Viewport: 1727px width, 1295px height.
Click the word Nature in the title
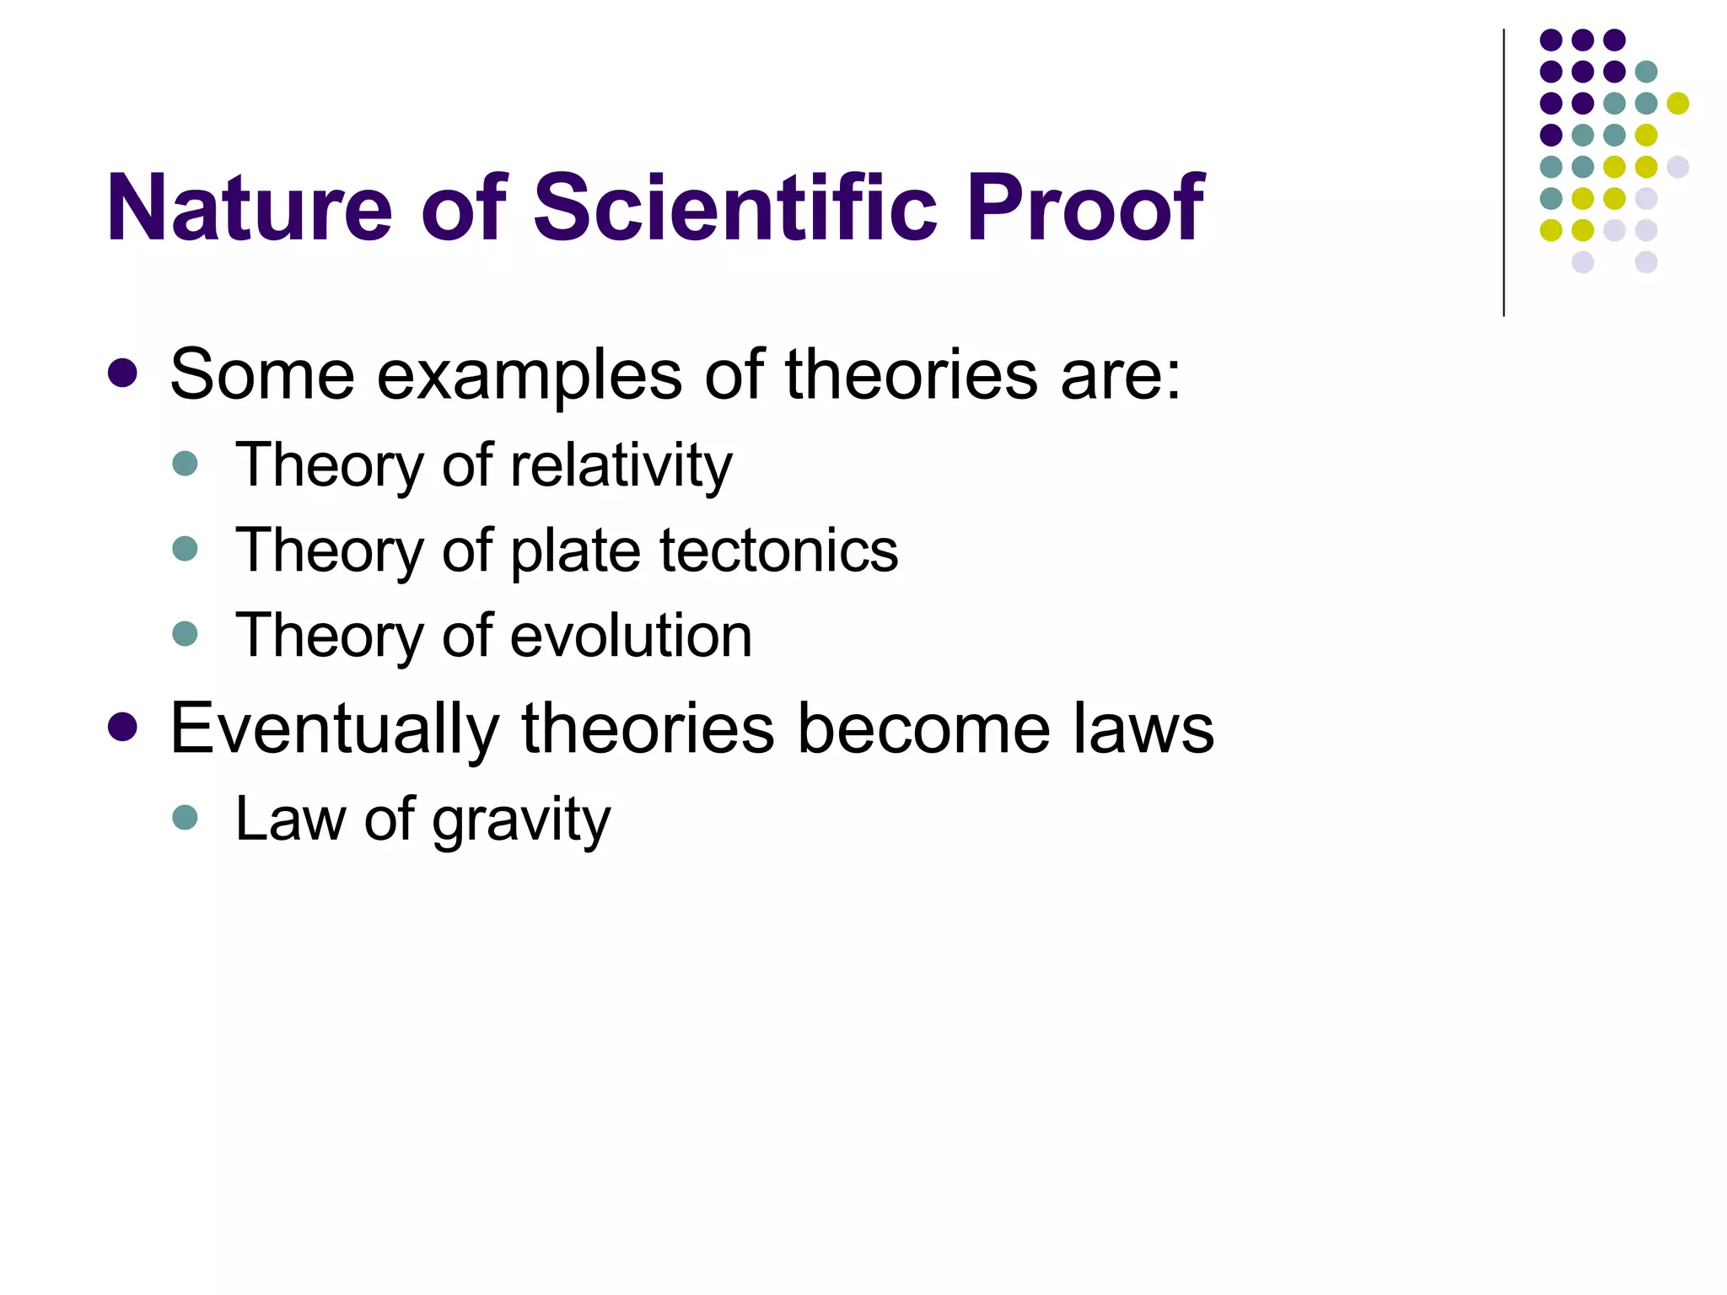click(250, 208)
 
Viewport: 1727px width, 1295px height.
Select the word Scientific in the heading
click(735, 208)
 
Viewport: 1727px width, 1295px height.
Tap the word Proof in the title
click(1085, 208)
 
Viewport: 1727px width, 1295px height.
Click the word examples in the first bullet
click(529, 375)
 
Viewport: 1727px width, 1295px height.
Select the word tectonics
click(779, 551)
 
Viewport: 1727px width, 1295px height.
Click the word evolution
click(631, 636)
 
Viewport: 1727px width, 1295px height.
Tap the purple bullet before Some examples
click(123, 373)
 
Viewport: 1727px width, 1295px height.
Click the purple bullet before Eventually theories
click(123, 727)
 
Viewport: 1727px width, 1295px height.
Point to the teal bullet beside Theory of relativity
click(185, 463)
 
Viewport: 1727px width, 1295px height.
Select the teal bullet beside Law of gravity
click(185, 816)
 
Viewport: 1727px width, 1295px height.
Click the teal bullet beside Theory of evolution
click(185, 633)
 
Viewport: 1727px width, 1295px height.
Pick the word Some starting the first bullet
click(262, 375)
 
